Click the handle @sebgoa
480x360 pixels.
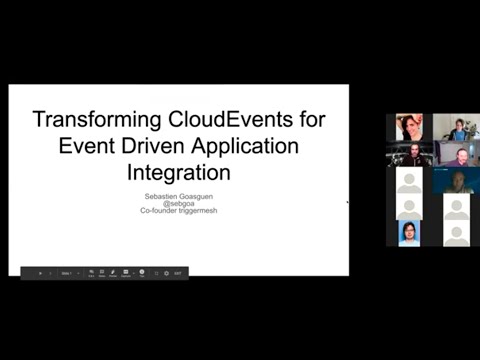click(x=179, y=204)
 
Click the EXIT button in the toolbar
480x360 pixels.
click(x=177, y=272)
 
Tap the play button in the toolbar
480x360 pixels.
click(x=40, y=272)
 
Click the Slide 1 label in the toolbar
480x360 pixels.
click(x=65, y=272)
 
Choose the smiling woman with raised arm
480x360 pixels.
click(x=409, y=127)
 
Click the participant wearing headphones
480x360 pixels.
click(x=410, y=155)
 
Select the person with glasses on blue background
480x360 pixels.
click(x=409, y=233)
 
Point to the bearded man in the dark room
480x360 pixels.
click(x=457, y=181)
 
